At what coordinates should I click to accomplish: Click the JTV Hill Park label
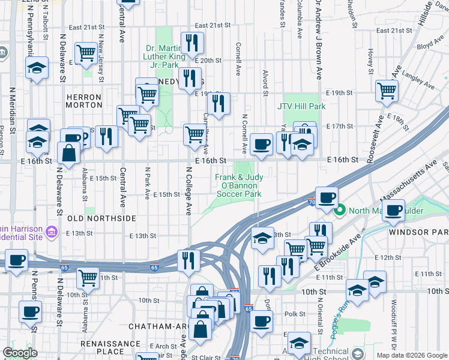301,106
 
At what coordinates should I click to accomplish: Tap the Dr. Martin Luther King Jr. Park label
170,56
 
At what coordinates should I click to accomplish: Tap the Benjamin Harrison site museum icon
52,231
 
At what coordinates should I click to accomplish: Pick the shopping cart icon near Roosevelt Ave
387,91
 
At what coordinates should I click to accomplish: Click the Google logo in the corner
20,352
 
